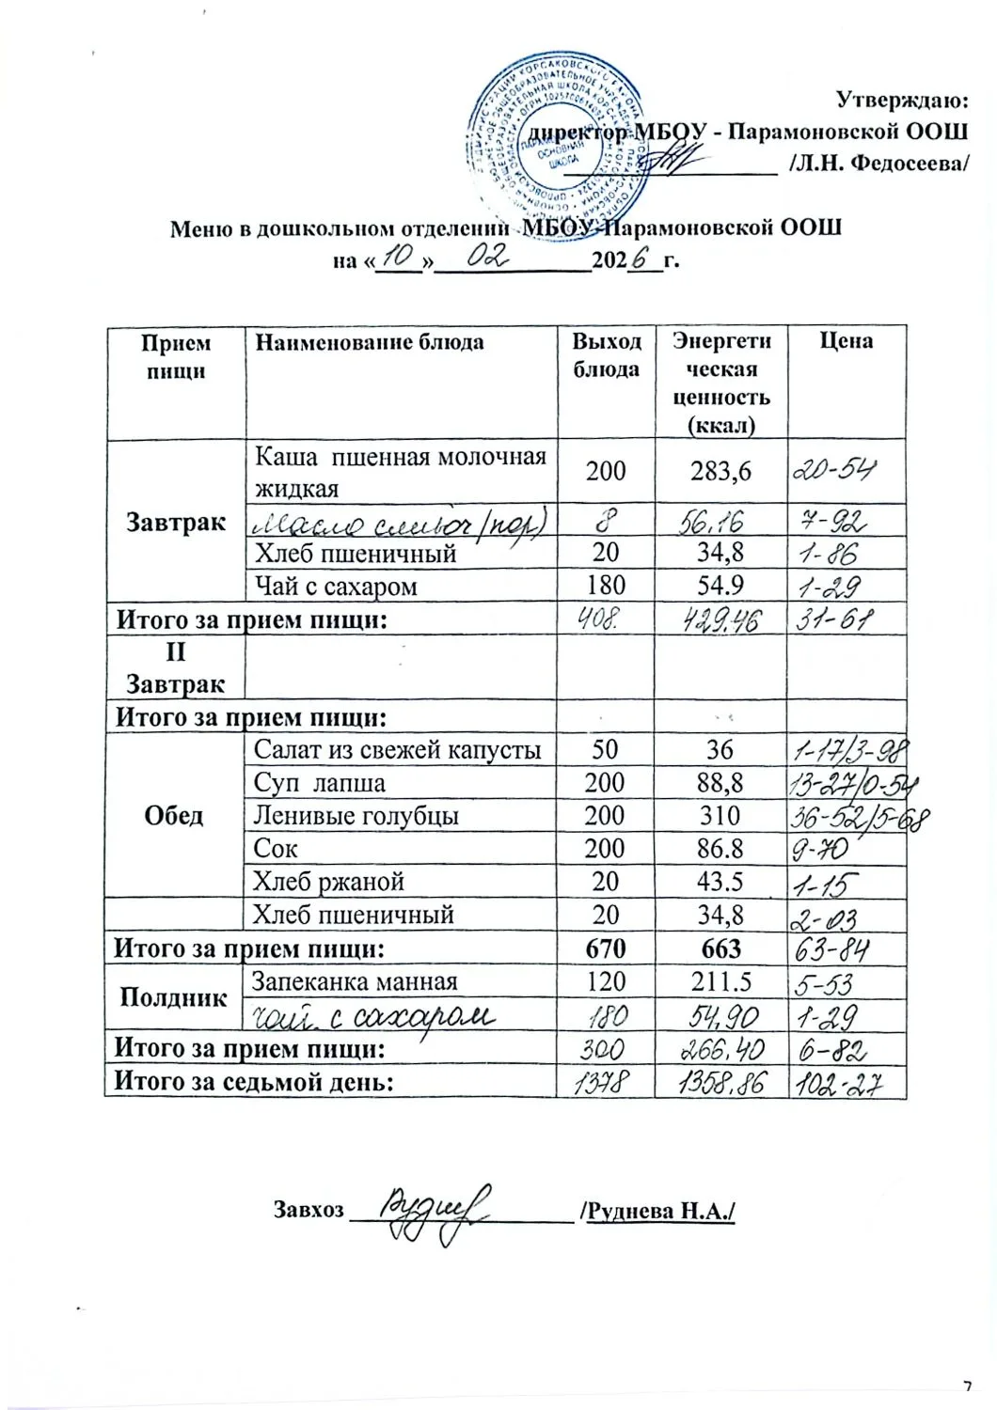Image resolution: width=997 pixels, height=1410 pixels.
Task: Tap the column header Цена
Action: point(846,340)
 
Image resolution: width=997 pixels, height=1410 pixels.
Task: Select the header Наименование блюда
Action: point(370,341)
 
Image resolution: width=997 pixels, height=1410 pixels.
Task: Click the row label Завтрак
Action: point(176,522)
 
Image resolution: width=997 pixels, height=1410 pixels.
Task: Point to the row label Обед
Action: point(174,815)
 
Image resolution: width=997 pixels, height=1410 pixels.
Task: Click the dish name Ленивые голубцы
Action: point(356,815)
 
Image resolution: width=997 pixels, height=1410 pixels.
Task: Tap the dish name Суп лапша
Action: point(320,782)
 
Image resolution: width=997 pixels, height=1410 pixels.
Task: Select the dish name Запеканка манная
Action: point(356,981)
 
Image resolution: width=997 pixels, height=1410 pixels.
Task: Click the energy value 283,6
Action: point(720,470)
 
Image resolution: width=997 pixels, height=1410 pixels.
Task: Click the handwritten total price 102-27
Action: point(837,1084)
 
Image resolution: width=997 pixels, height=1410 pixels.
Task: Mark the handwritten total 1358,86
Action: point(720,1084)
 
